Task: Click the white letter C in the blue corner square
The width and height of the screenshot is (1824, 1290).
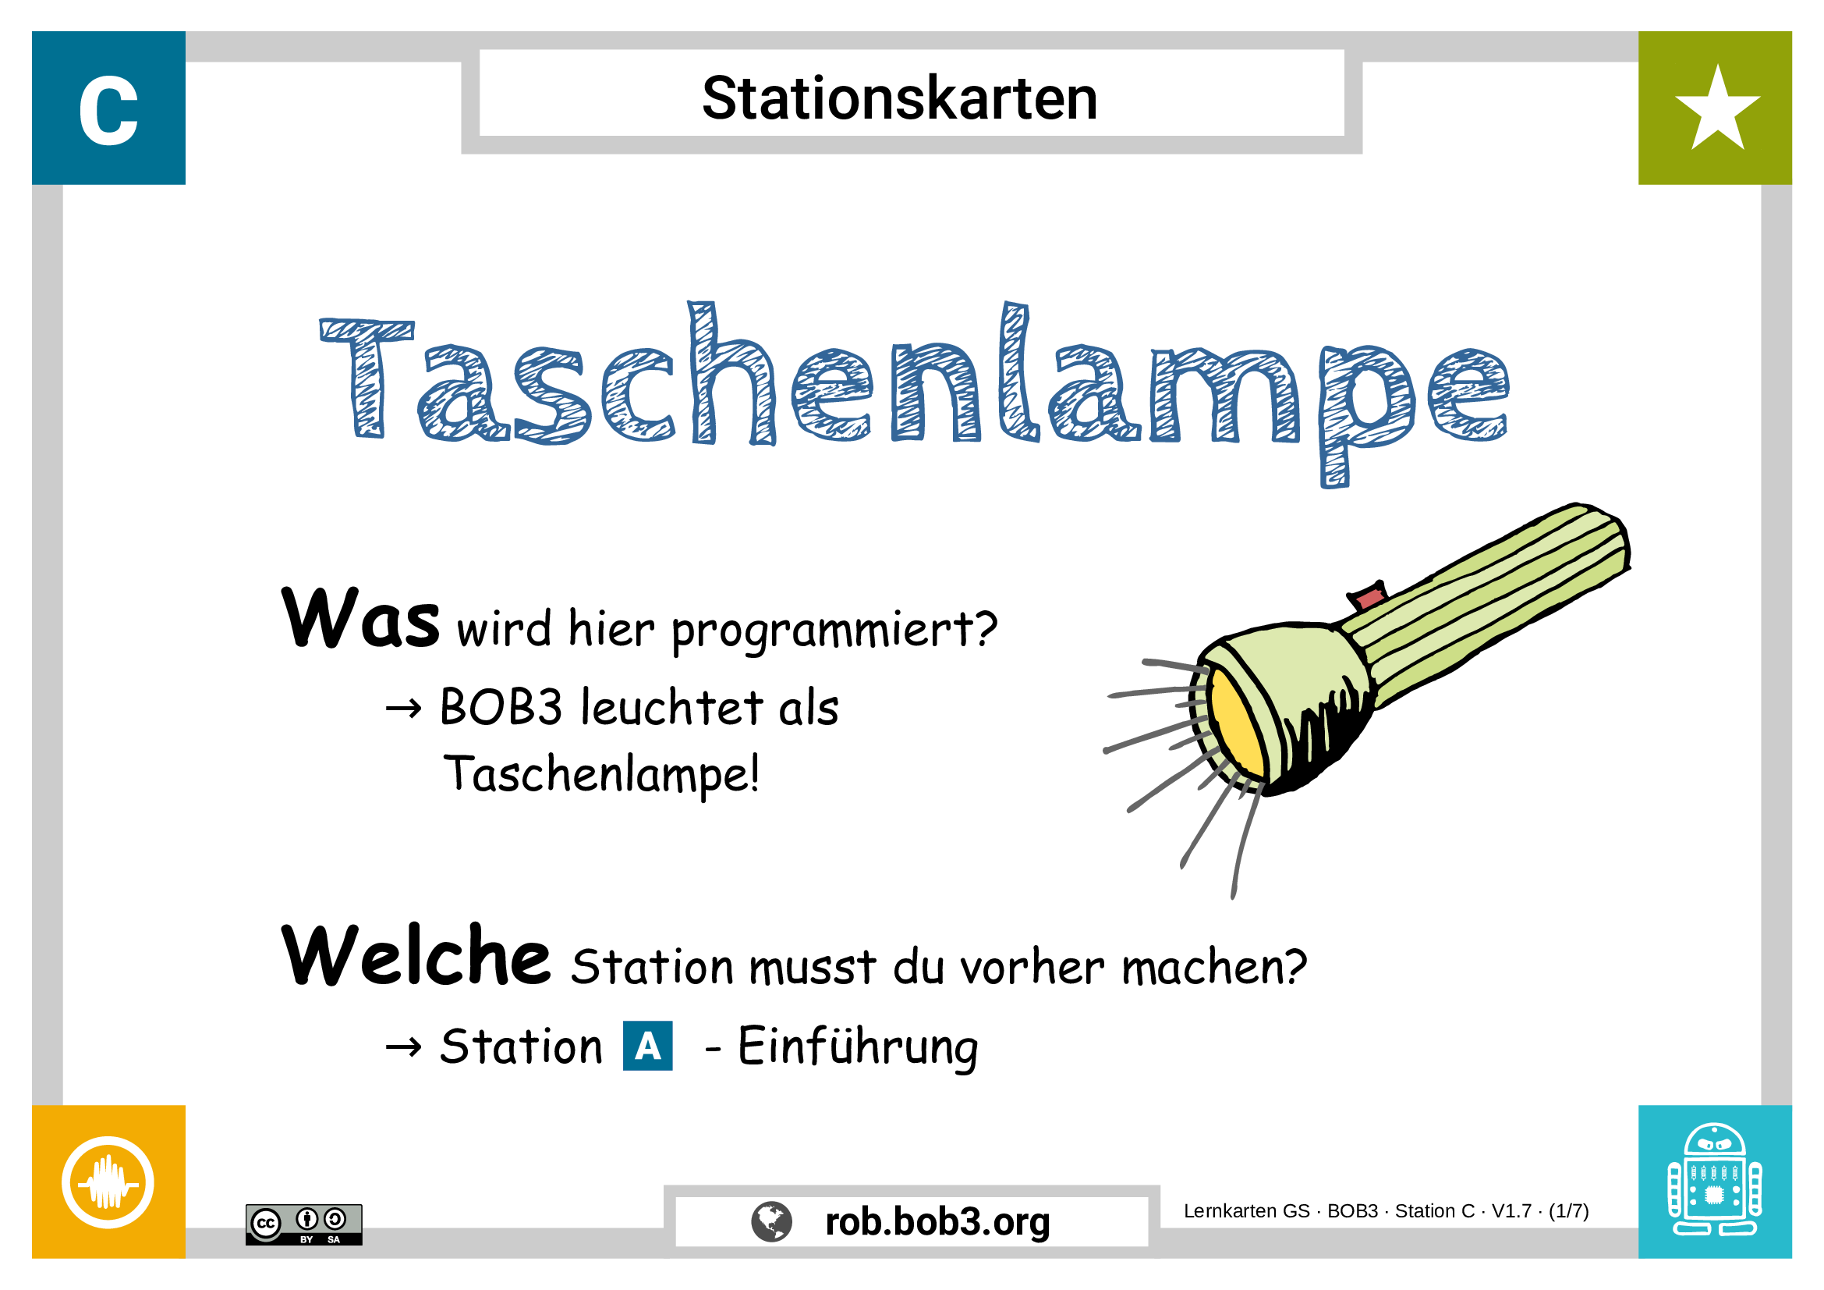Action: click(109, 112)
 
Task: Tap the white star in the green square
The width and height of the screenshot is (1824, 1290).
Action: click(1716, 110)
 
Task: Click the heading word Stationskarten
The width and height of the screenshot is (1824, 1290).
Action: click(899, 98)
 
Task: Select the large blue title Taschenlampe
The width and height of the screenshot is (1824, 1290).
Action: click(914, 382)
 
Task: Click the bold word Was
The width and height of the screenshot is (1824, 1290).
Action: click(359, 618)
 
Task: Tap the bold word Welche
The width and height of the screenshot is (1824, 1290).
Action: click(416, 956)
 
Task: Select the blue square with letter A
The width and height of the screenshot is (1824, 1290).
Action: click(647, 1046)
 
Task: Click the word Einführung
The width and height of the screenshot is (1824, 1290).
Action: click(858, 1047)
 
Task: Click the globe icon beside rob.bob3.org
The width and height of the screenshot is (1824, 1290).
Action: click(771, 1221)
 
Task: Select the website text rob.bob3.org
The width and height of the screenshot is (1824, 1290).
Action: click(937, 1221)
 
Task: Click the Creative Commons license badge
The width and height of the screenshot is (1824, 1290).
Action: click(303, 1224)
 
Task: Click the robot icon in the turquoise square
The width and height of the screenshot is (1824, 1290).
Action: click(1714, 1181)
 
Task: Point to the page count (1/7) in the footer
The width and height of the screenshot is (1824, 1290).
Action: click(1568, 1211)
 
